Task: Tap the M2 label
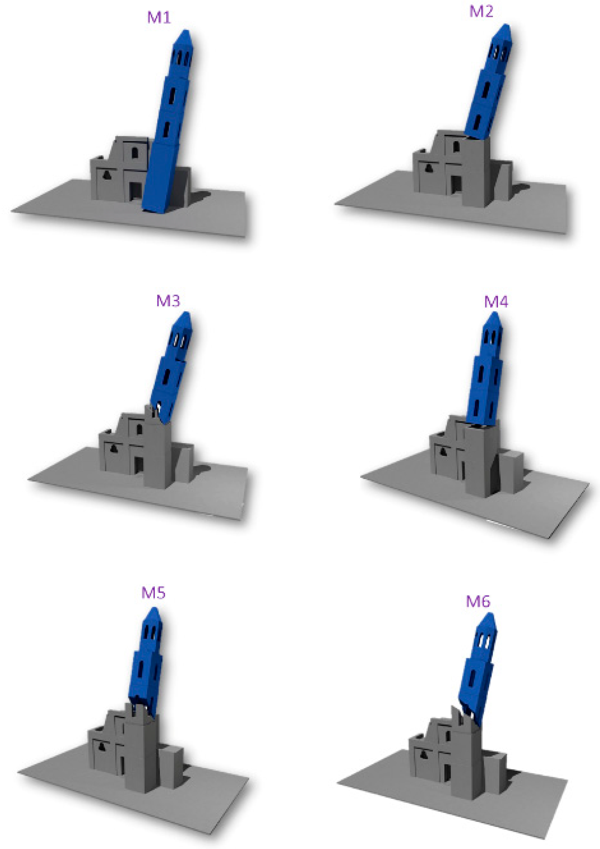tap(481, 12)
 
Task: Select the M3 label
tap(168, 301)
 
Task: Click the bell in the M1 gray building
tap(107, 175)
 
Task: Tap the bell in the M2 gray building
tap(429, 168)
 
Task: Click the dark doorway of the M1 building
tap(136, 191)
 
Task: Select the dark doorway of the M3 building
tap(139, 465)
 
